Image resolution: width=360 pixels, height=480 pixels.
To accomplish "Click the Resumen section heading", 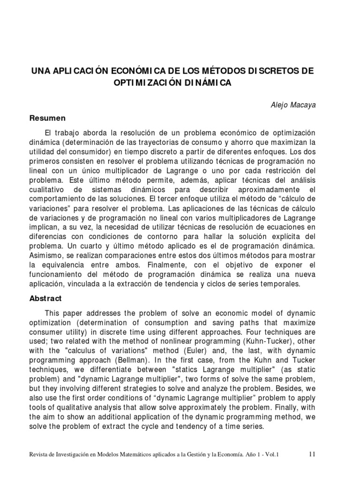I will coord(48,118).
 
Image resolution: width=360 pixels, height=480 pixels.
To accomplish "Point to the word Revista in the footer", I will coord(40,454).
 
